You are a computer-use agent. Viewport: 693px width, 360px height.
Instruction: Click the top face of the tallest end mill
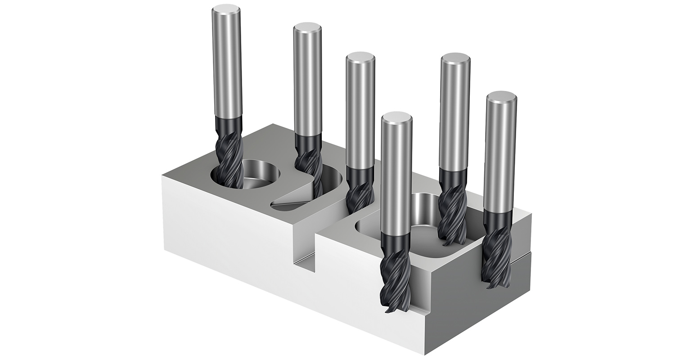click(226, 9)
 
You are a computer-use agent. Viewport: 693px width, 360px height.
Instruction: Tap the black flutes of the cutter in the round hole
click(229, 157)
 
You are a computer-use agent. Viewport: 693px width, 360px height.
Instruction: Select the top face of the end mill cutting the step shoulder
click(360, 59)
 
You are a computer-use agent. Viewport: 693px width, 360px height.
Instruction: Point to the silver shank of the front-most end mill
click(396, 180)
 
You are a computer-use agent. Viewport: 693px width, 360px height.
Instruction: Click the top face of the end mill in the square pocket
click(455, 58)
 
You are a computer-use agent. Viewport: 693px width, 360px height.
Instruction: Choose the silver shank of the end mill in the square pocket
click(454, 117)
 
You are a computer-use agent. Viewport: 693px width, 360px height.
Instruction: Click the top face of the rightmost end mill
click(501, 97)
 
